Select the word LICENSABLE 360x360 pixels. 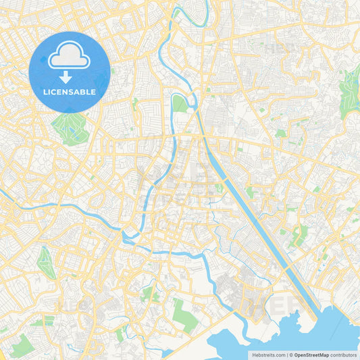click(x=70, y=92)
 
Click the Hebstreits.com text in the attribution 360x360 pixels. click(x=267, y=355)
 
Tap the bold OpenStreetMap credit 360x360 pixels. click(x=311, y=355)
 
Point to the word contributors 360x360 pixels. click(x=344, y=355)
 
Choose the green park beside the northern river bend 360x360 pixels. click(x=180, y=104)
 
